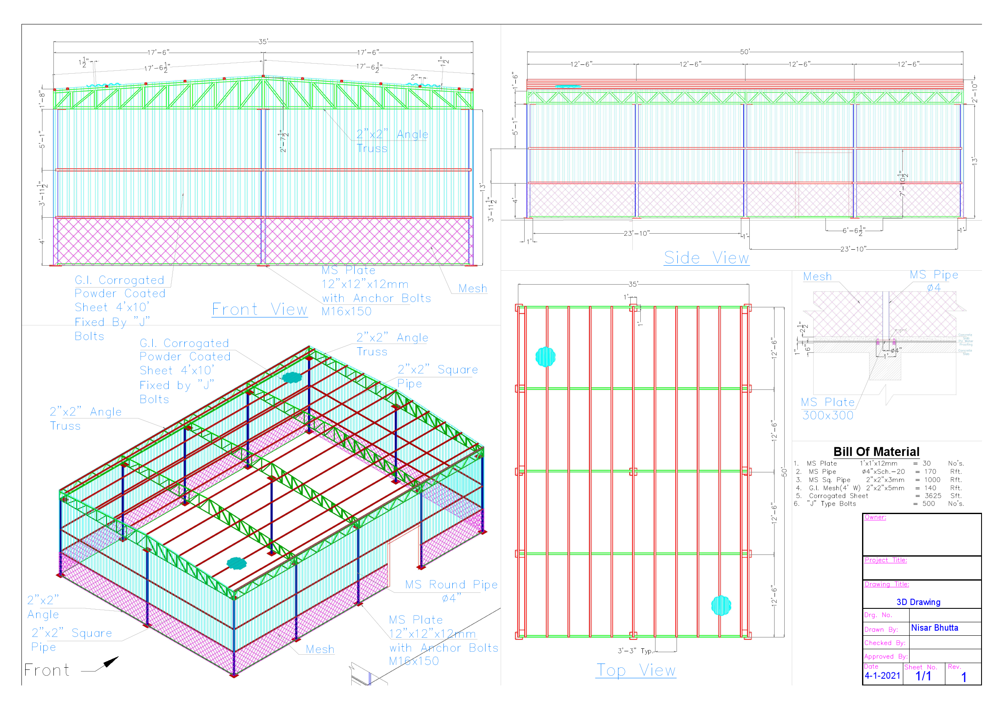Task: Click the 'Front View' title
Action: (x=260, y=309)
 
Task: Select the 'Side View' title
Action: (x=706, y=258)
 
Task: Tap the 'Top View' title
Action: (x=636, y=670)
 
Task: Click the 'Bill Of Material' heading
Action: (x=876, y=451)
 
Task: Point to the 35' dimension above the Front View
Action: (x=263, y=42)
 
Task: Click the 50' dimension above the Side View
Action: (x=744, y=52)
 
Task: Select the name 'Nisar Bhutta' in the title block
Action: (x=934, y=628)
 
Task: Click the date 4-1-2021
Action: (x=882, y=675)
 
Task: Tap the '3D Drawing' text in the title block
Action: (x=918, y=602)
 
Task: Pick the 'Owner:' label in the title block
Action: (x=875, y=517)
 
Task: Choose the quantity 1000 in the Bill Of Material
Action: (x=932, y=480)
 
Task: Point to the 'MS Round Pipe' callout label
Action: (x=451, y=585)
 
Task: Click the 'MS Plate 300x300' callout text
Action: (x=828, y=409)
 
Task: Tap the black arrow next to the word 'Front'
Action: (x=111, y=662)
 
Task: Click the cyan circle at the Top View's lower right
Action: (x=721, y=605)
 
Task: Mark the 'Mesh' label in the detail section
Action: (x=817, y=277)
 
